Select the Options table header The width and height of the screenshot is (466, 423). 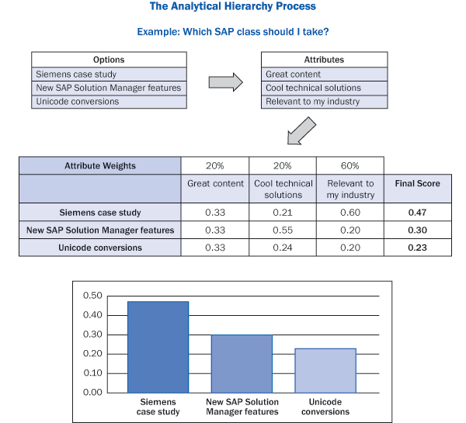[109, 60]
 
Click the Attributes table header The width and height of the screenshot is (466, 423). [323, 60]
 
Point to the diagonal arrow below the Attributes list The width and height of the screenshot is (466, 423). [301, 131]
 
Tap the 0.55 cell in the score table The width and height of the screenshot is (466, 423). [283, 230]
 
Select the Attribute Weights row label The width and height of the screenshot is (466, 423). [99, 165]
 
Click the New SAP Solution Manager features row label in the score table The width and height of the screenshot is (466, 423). [99, 230]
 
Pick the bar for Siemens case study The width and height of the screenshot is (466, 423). [158, 346]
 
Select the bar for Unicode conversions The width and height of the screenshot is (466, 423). [325, 370]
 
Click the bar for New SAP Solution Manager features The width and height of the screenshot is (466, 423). [242, 363]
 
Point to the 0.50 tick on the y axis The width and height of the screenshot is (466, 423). [92, 296]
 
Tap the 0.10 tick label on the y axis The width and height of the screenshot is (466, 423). [92, 373]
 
